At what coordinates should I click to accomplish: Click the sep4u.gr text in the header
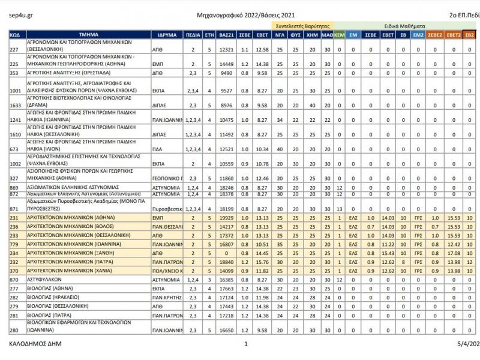[x=20, y=13]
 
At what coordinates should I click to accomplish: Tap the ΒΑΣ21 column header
[x=226, y=35]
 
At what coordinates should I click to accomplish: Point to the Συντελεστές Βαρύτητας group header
[x=302, y=27]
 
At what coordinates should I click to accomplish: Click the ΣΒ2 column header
[x=470, y=35]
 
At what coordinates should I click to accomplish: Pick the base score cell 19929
[x=226, y=218]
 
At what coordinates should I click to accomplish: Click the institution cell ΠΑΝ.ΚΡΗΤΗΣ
[x=166, y=298]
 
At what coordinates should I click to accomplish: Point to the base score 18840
[x=226, y=262]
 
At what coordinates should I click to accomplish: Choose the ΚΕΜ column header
[x=339, y=35]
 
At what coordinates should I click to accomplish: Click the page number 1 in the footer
[x=245, y=344]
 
